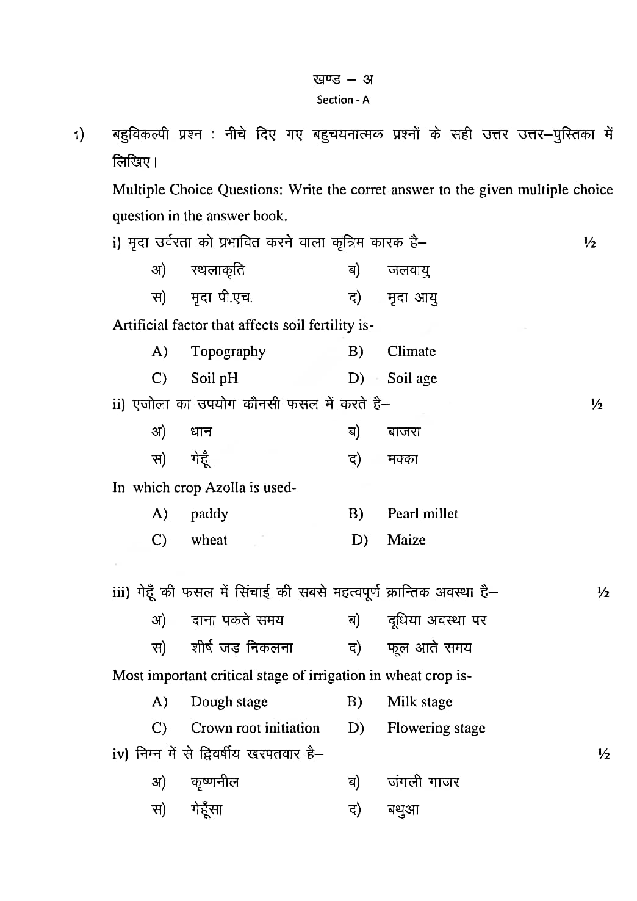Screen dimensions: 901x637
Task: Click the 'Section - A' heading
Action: (343, 100)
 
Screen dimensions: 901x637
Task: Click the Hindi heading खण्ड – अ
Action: (343, 79)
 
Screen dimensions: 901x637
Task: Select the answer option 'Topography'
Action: (228, 352)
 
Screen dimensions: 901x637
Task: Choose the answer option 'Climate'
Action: (411, 351)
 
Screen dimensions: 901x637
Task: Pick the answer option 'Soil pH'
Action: (214, 378)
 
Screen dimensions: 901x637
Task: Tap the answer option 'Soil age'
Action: (412, 378)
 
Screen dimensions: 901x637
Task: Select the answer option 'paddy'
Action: (209, 514)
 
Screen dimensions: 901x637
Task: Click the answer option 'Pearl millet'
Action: (422, 513)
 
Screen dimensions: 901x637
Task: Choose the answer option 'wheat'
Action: (209, 540)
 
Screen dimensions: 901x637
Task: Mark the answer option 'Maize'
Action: (406, 540)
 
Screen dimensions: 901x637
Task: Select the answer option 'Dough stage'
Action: (229, 702)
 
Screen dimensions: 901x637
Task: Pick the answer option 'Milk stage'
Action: (420, 702)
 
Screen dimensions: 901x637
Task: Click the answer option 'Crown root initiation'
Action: (255, 728)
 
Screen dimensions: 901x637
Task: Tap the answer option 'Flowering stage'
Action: (436, 728)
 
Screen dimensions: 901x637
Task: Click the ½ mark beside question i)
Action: (589, 243)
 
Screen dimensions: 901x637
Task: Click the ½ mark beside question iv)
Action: (603, 754)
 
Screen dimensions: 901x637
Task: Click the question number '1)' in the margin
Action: (79, 135)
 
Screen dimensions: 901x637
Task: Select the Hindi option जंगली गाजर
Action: (423, 782)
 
